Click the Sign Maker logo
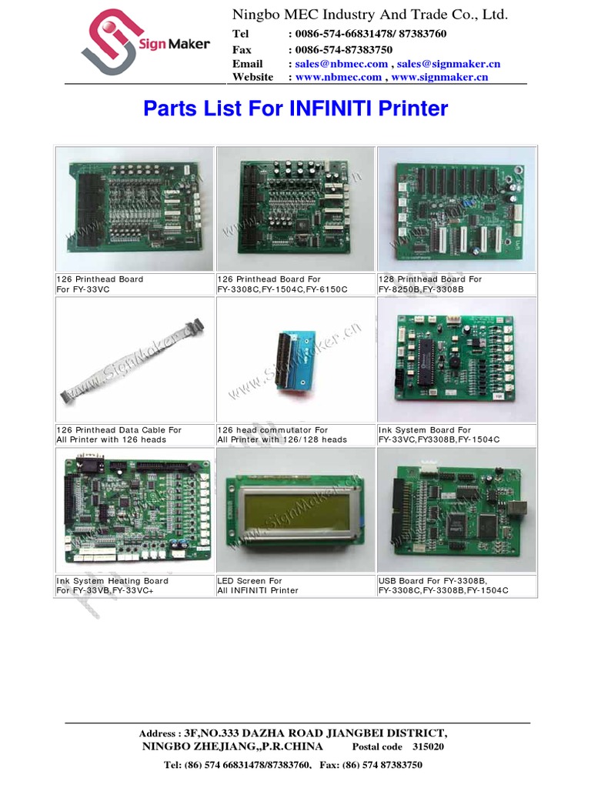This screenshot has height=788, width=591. point(145,45)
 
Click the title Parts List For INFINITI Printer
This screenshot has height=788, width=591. point(295,109)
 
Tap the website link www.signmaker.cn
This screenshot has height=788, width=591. point(440,77)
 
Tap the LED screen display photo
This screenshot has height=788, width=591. point(295,510)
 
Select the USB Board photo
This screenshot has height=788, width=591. point(456,510)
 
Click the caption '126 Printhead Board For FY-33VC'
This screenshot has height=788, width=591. point(100,283)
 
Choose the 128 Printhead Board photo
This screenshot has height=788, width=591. point(456,208)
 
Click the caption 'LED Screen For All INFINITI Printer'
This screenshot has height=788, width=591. point(258,586)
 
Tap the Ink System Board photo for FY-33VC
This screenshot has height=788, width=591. point(456,359)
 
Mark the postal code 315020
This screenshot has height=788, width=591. point(427,747)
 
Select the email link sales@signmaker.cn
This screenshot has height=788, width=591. point(449,64)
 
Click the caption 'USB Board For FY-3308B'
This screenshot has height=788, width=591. point(433,581)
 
